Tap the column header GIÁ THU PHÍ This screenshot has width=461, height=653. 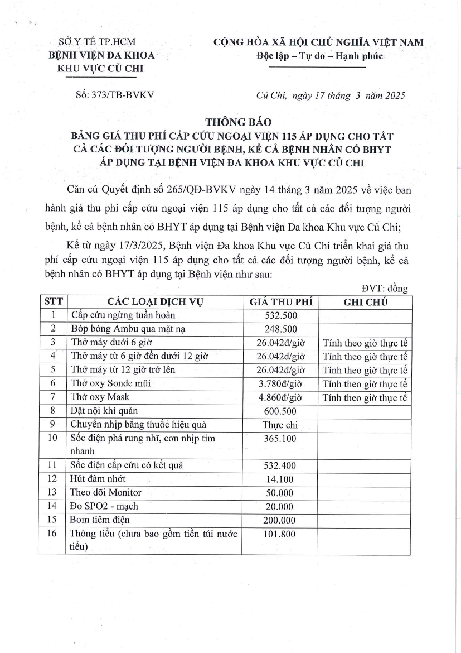280,302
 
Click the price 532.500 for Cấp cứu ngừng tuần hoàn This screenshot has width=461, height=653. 280,315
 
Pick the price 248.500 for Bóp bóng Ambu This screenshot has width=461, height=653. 280,329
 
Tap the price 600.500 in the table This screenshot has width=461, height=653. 280,411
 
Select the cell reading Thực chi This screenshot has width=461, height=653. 280,425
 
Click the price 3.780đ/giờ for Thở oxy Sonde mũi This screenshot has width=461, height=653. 280,383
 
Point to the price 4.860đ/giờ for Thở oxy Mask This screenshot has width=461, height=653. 280,397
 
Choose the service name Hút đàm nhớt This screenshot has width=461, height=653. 98,478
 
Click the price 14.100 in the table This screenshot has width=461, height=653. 280,478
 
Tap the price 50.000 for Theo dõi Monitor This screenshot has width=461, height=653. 280,492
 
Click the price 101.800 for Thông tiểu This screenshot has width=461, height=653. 280,534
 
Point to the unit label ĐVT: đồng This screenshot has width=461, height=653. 385,289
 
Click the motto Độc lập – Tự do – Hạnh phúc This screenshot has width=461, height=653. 319,56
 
